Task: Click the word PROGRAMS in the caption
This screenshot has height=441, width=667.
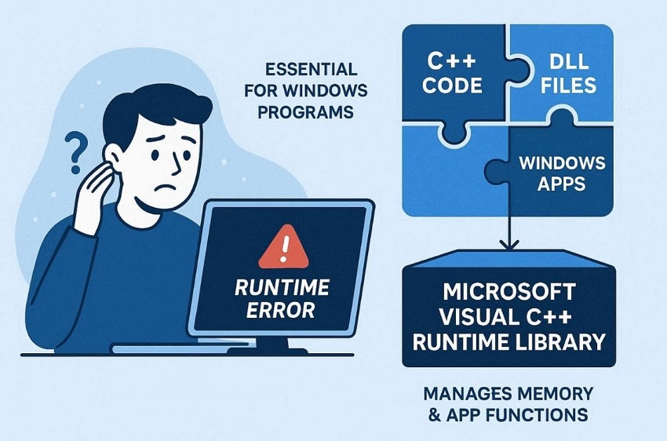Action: click(x=311, y=112)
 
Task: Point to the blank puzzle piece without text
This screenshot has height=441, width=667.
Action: click(x=447, y=177)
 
